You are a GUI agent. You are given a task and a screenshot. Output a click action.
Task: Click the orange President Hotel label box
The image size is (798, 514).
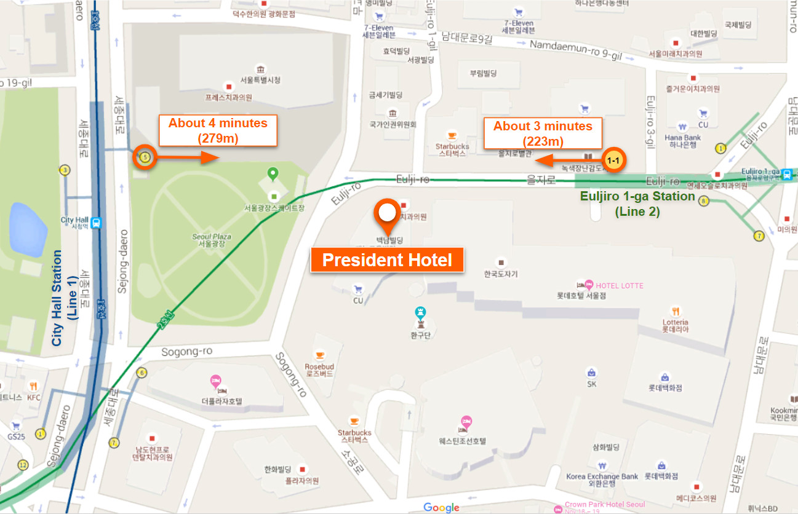pyautogui.click(x=387, y=260)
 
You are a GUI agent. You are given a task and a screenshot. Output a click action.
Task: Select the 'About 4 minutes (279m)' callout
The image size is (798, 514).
pyautogui.click(x=218, y=130)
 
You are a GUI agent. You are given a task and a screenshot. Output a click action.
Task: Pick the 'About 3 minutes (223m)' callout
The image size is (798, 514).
pyautogui.click(x=543, y=133)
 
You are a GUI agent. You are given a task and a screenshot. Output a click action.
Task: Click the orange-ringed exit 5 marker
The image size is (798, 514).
pyautogui.click(x=145, y=157)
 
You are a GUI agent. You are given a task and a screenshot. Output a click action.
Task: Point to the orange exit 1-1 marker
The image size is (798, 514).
pyautogui.click(x=613, y=160)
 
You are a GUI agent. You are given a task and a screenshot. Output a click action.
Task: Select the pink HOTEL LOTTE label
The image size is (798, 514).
pyautogui.click(x=619, y=285)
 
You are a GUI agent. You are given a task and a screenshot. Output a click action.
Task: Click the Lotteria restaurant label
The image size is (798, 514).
pyautogui.click(x=675, y=322)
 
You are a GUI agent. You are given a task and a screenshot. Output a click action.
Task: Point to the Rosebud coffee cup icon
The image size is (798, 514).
pyautogui.click(x=319, y=355)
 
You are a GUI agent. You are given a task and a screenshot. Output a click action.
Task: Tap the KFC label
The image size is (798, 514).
pyautogui.click(x=34, y=397)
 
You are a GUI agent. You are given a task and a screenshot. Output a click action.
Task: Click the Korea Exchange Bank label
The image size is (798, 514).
pyautogui.click(x=602, y=476)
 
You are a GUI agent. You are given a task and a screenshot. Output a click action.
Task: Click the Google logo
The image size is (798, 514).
pyautogui.click(x=441, y=507)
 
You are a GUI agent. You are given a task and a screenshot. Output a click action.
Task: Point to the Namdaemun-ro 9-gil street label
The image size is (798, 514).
pyautogui.click(x=576, y=50)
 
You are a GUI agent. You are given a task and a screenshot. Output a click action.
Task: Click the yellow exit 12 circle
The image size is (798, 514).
pyautogui.click(x=23, y=465)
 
